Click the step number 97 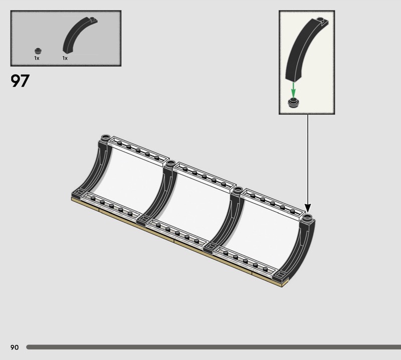[x=20, y=81]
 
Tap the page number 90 [x=15, y=347]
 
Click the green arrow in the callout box [x=293, y=89]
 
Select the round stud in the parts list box [x=38, y=51]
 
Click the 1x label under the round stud [x=37, y=58]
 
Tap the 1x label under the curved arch [x=65, y=58]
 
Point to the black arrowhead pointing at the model [x=308, y=208]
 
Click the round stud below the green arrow [x=294, y=103]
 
